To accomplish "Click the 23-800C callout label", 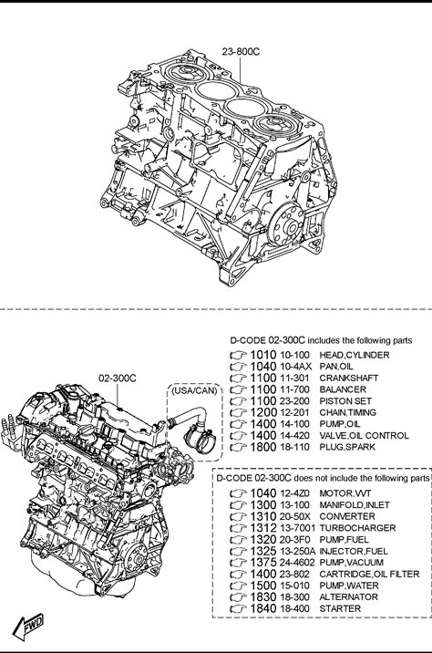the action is [x=241, y=51].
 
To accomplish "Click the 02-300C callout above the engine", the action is [x=118, y=378].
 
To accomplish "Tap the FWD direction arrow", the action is [x=28, y=627].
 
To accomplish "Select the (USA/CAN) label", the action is [x=194, y=390].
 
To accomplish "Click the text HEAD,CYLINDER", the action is [x=355, y=355].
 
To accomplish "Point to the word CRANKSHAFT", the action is [x=349, y=378].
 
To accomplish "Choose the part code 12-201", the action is [x=294, y=412].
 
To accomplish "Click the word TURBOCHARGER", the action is [x=357, y=528].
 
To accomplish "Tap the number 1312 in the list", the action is [x=263, y=528].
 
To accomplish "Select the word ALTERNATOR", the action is [x=348, y=596].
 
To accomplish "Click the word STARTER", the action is [x=340, y=608].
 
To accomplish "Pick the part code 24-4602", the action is [x=297, y=562].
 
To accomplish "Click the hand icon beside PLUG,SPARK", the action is [x=239, y=448].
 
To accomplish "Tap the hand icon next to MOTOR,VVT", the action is [x=239, y=494].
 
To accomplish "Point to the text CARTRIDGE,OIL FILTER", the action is [x=369, y=574].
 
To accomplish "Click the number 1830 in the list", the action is [x=263, y=596].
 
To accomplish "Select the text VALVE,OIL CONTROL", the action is [x=364, y=436].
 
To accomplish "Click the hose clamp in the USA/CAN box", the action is [x=198, y=437].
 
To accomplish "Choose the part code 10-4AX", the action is [x=295, y=367].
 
